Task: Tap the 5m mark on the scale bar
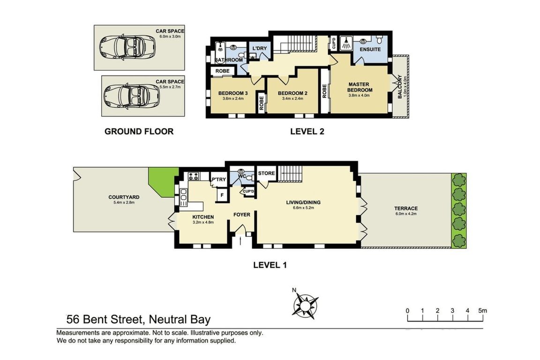[482, 310]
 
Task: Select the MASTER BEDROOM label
[359, 87]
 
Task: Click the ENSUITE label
[370, 49]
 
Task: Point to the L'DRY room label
[260, 48]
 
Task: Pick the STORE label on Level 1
[267, 173]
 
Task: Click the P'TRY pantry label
[219, 180]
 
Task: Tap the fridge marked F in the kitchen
[222, 195]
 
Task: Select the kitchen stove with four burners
[194, 176]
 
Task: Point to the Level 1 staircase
[290, 173]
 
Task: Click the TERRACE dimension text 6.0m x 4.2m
[406, 214]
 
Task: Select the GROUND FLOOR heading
[139, 131]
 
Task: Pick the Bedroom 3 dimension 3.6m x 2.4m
[233, 98]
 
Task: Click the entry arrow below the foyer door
[241, 240]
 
